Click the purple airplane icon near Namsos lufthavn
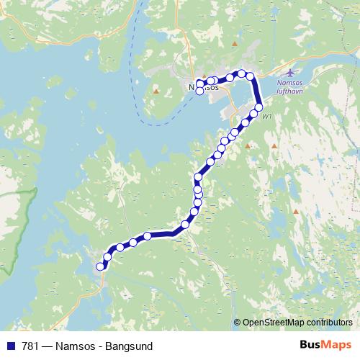[291, 73]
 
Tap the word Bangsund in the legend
[128, 346]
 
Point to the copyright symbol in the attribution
[237, 323]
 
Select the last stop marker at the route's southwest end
[100, 267]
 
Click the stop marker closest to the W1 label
[253, 114]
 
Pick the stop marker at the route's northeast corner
[250, 76]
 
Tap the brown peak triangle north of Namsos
[233, 45]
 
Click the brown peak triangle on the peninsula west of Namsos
[156, 91]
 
